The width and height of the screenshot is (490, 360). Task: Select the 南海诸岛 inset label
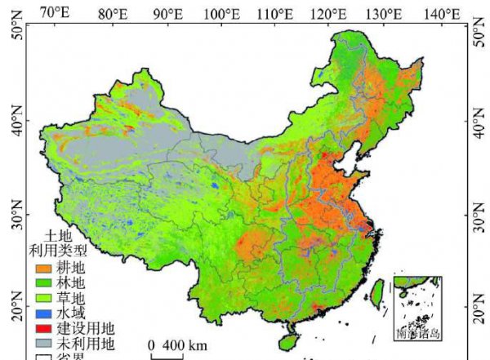point(416,333)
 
